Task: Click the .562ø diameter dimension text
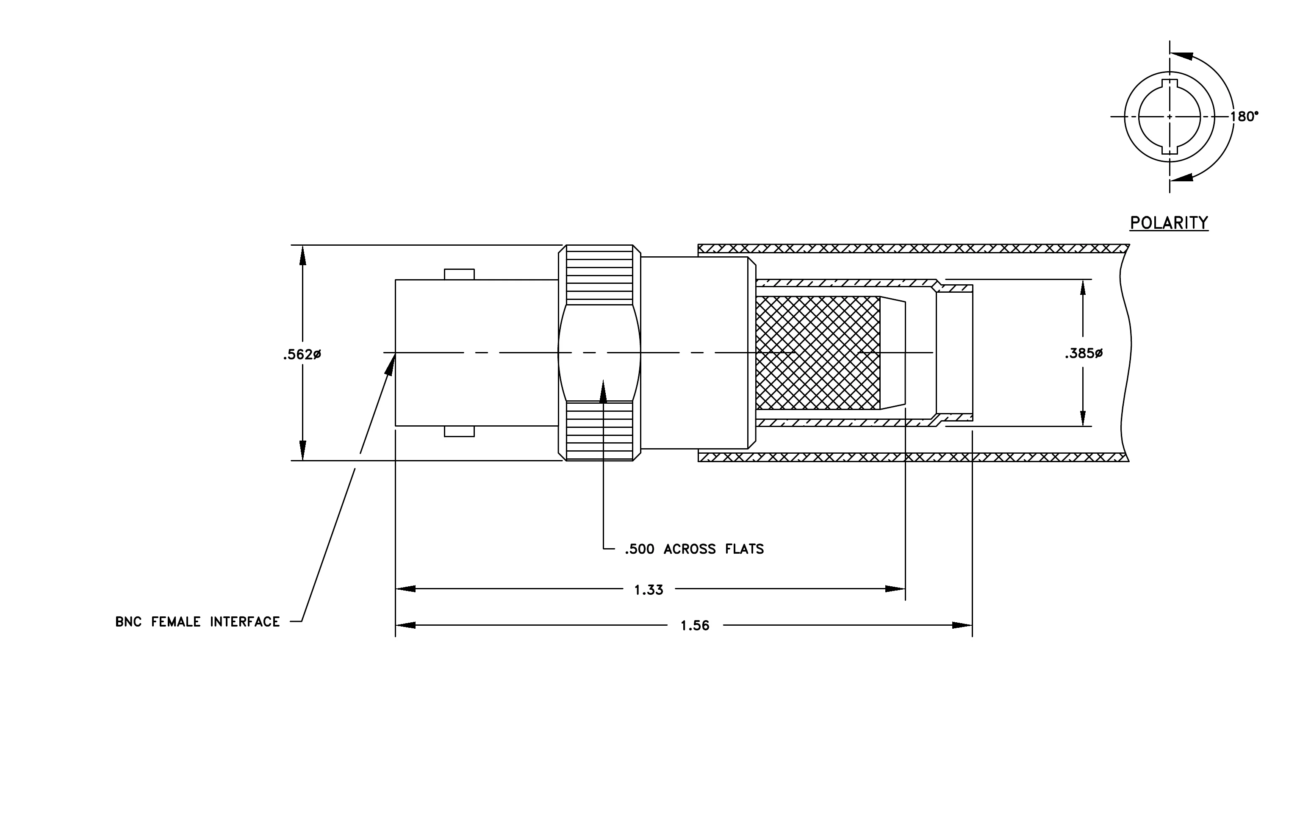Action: [302, 355]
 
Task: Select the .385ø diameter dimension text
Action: [1084, 354]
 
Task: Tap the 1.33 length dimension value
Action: [649, 590]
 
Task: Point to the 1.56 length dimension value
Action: [695, 626]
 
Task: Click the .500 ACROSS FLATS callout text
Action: [694, 549]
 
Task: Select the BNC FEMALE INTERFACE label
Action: [197, 622]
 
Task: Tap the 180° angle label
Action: [1244, 116]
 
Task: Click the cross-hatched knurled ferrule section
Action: [818, 353]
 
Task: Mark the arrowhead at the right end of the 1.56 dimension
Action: [962, 626]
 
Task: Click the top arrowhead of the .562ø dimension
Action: [303, 255]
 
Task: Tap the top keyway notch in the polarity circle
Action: [1170, 83]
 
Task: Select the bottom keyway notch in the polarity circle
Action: [1170, 150]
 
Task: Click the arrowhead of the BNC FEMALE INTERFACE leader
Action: [390, 364]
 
